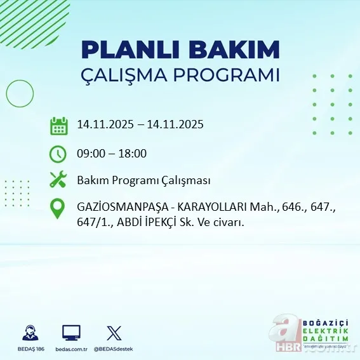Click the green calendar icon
click(x=58, y=125)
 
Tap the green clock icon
click(x=58, y=153)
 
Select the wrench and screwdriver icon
click(x=58, y=180)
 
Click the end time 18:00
click(x=133, y=153)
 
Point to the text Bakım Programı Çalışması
click(x=143, y=180)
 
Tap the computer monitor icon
click(x=71, y=331)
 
